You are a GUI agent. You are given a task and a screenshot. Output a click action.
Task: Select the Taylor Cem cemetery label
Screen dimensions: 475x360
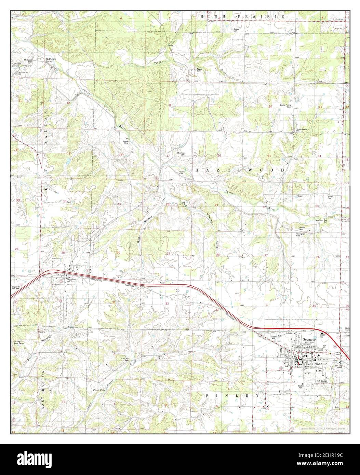[199, 70]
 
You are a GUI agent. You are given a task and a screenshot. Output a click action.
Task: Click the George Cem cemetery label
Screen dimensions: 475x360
[236, 30]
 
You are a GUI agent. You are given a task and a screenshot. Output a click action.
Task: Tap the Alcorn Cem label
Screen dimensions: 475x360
[330, 197]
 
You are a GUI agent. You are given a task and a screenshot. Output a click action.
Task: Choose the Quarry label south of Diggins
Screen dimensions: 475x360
[43, 331]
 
